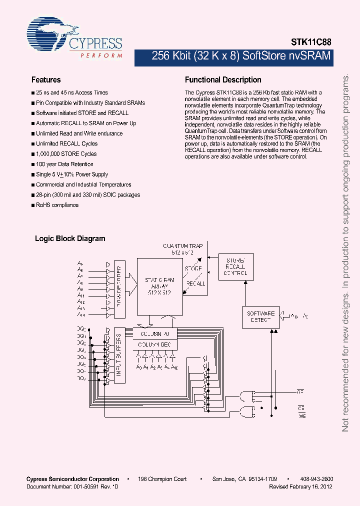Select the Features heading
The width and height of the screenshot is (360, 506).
pos(46,80)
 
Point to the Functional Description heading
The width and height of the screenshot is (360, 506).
pos(223,80)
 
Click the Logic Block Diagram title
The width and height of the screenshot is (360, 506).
pos(70,238)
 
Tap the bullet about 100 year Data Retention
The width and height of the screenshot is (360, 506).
pos(64,164)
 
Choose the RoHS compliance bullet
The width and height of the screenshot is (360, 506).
pos(57,205)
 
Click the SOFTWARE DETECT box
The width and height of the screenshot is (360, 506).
pos(260,316)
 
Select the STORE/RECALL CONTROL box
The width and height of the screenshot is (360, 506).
pos(235,267)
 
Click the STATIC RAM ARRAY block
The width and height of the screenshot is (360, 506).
pos(160,285)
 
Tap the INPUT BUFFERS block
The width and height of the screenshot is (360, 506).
pos(119,355)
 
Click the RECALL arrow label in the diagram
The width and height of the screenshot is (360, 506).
pos(195,283)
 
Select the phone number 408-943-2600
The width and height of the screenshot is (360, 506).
pos(316,479)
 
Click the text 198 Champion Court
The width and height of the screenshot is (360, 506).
pos(162,479)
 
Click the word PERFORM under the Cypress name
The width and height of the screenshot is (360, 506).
pos(101,55)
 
